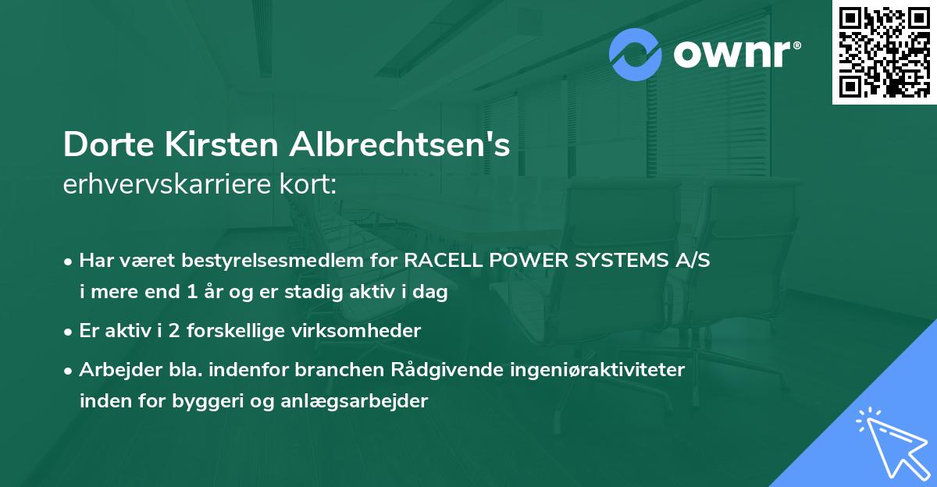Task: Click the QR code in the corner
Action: [884, 52]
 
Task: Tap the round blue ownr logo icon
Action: [636, 55]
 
